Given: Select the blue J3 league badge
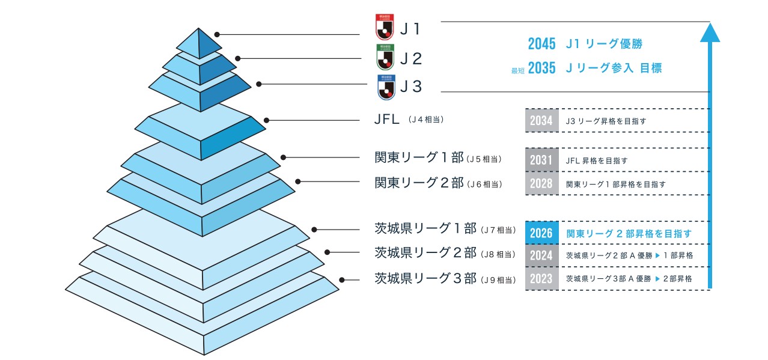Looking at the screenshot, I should click(385, 87).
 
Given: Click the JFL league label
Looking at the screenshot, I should click(386, 120).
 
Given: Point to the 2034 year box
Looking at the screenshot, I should click(541, 121).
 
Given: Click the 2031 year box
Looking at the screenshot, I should click(541, 160).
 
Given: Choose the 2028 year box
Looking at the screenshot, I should click(541, 184).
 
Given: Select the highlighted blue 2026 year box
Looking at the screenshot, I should click(541, 233).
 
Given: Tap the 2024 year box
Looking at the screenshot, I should click(541, 255).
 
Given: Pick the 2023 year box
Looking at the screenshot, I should click(541, 279).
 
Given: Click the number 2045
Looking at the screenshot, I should click(541, 44).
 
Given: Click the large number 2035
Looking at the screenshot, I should click(541, 68).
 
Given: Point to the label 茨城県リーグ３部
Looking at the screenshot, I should click(425, 278).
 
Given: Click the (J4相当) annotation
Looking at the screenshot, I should click(425, 120).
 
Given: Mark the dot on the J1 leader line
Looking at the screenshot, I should click(217, 35).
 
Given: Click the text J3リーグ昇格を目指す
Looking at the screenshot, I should click(606, 121).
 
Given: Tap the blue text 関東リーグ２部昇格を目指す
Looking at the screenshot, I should click(629, 233).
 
